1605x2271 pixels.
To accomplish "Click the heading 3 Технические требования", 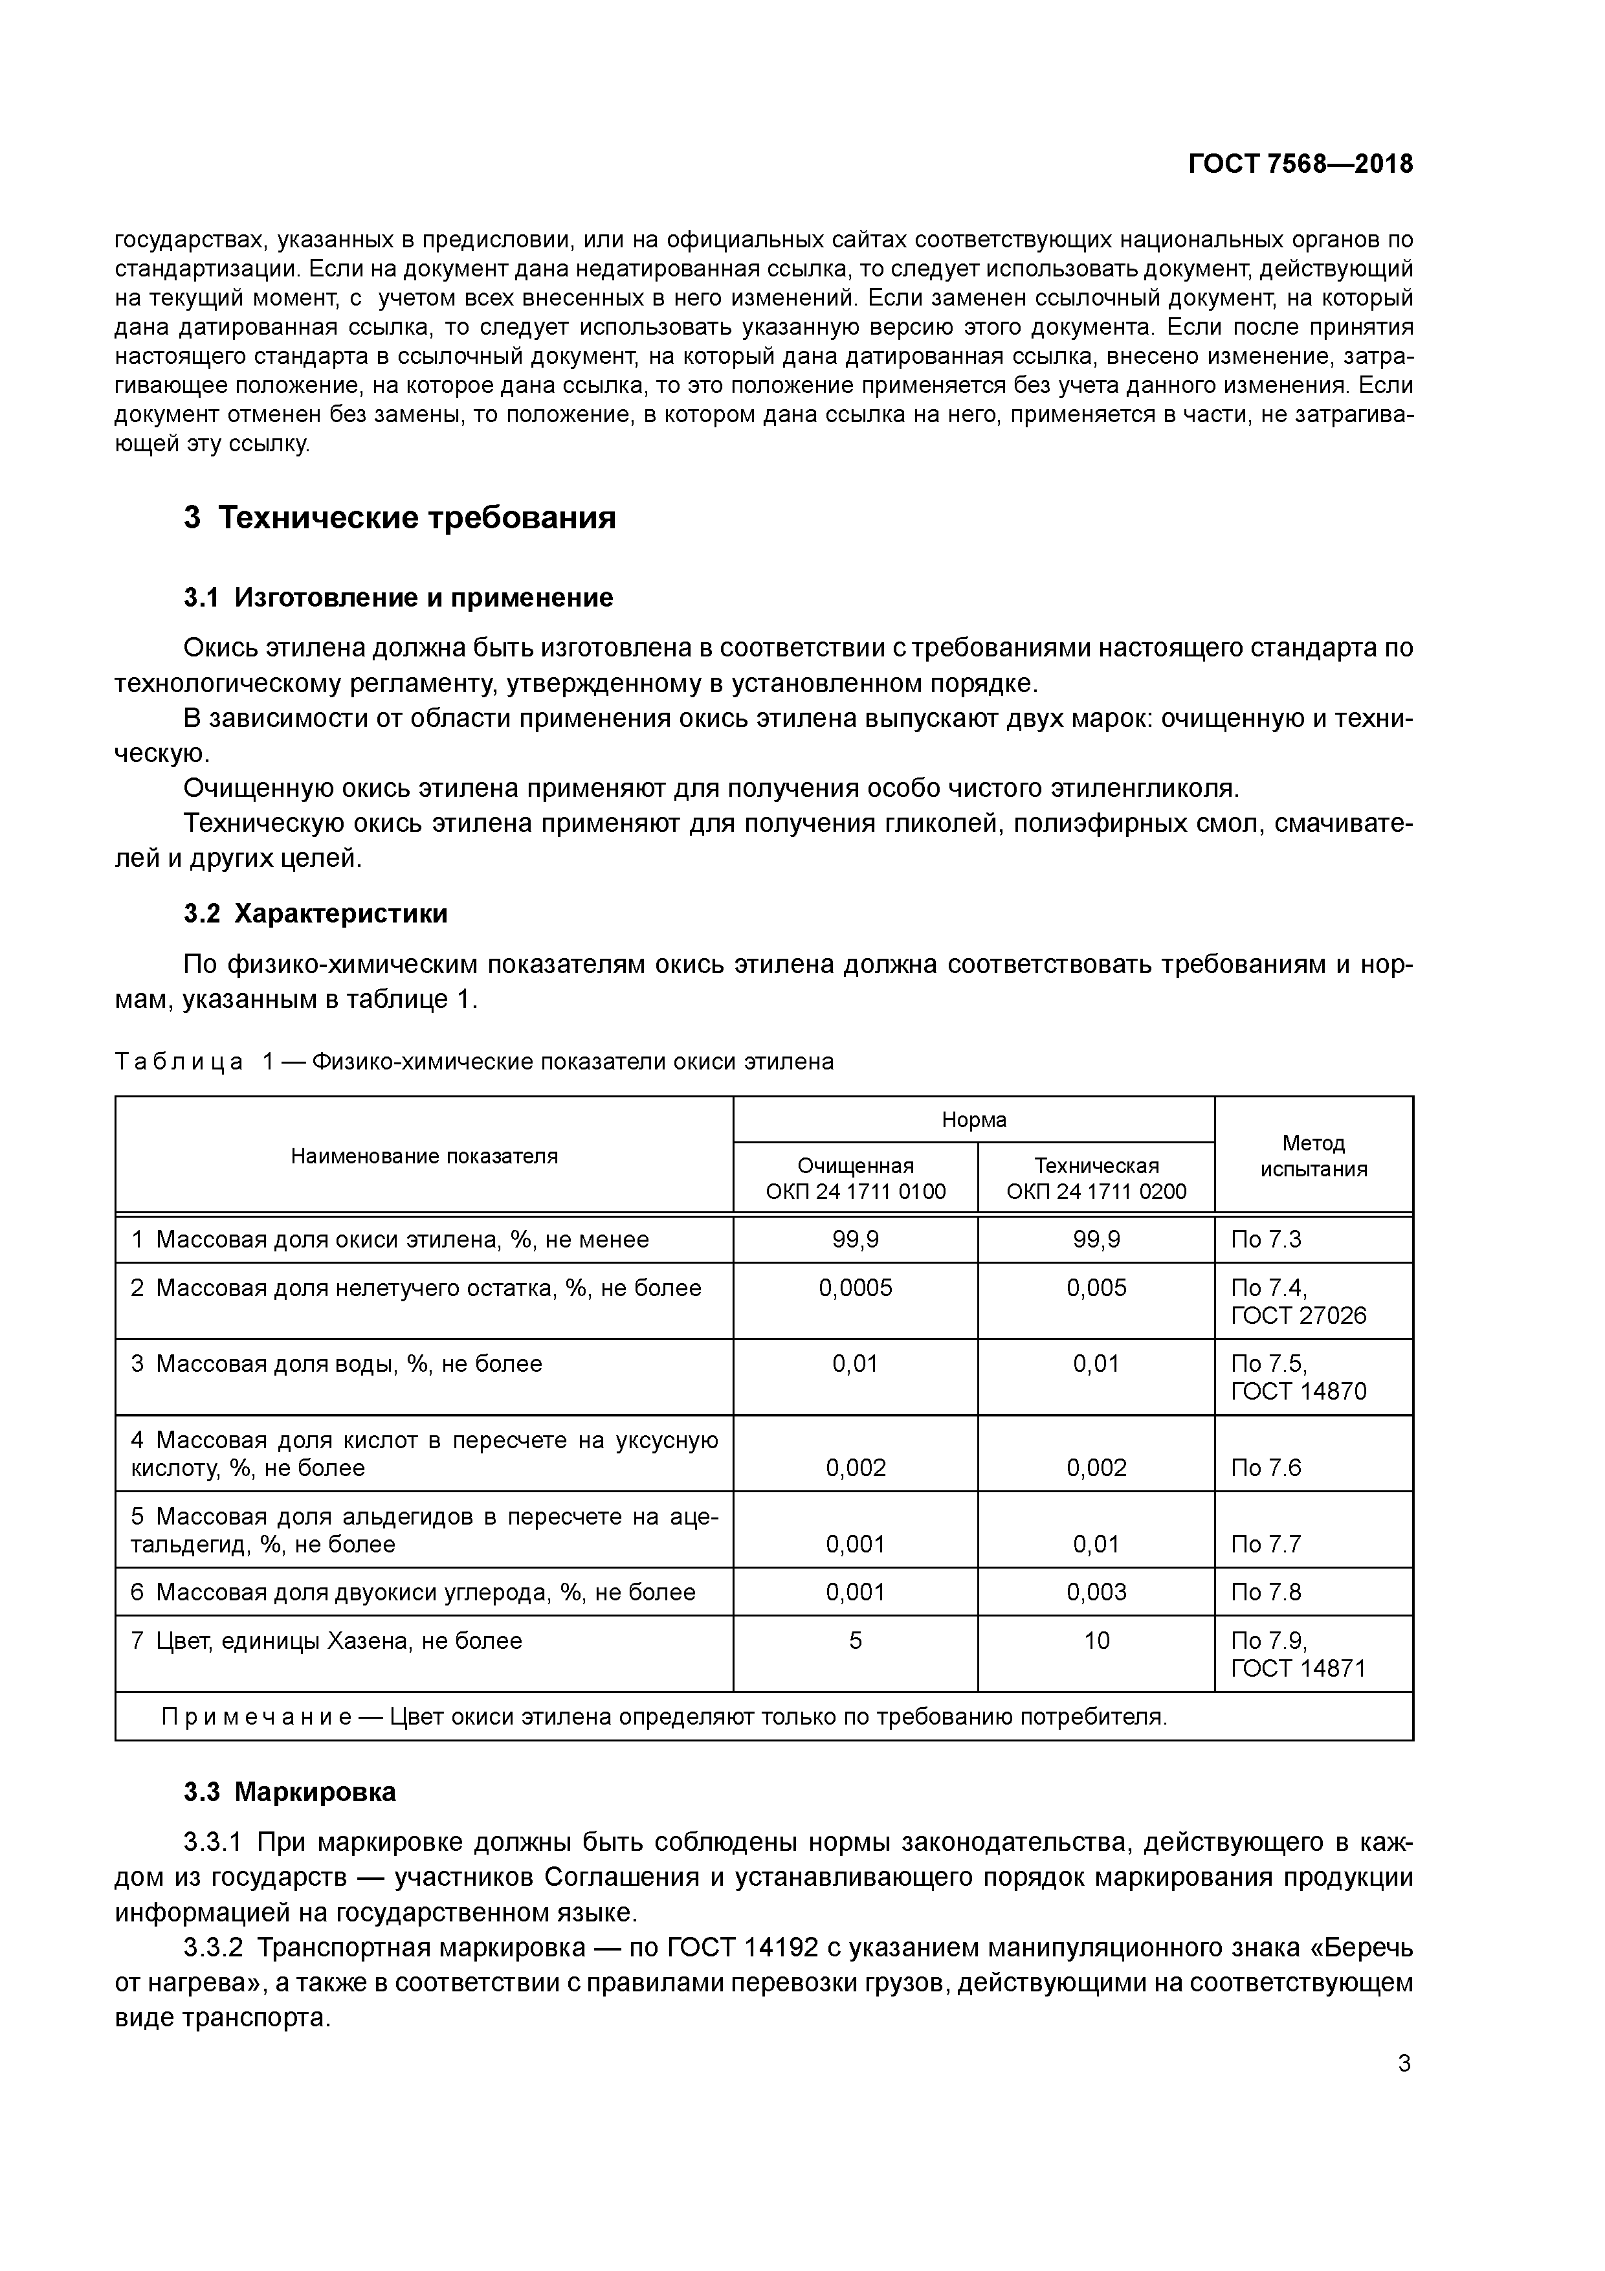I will [399, 517].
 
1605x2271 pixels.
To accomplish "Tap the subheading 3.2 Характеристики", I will [315, 913].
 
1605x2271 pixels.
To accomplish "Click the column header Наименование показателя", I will [425, 1156].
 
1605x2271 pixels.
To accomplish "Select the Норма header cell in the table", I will [973, 1120].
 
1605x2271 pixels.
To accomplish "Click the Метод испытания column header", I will [1312, 1156].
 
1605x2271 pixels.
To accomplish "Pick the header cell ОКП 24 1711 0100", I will [856, 1191].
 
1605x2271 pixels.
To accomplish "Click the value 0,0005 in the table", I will [856, 1287].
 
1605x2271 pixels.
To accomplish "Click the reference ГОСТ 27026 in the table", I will [1298, 1315].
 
